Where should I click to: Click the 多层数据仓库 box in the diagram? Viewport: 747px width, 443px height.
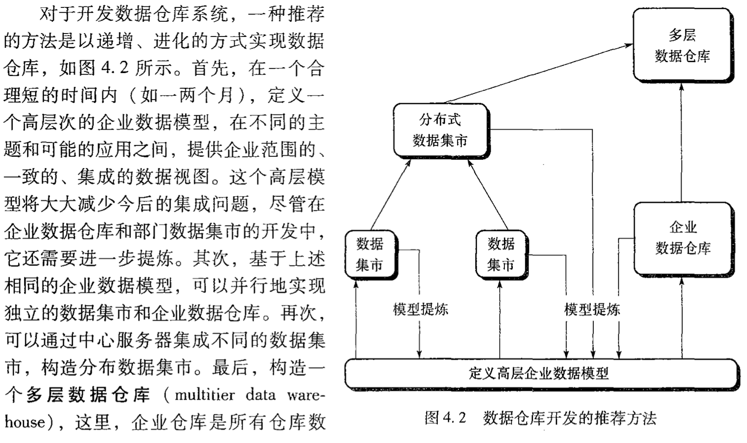pyautogui.click(x=682, y=45)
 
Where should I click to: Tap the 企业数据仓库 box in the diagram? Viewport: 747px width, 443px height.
pyautogui.click(x=682, y=238)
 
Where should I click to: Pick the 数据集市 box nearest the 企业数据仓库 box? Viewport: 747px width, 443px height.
pyautogui.click(x=500, y=255)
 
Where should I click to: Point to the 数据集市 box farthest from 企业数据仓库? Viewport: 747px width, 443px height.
pyautogui.click(x=370, y=255)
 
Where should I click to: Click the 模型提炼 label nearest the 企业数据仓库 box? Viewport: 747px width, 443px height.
pyautogui.click(x=592, y=310)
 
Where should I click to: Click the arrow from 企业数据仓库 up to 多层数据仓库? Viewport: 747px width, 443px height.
pyautogui.click(x=682, y=143)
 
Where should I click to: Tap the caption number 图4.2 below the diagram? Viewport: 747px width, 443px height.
pyautogui.click(x=445, y=418)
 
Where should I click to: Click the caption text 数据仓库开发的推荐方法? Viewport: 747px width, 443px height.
pyautogui.click(x=570, y=418)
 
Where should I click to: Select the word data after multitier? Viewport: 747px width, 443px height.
pyautogui.click(x=260, y=395)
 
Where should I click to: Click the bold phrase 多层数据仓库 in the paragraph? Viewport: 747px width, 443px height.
pyautogui.click(x=87, y=395)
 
